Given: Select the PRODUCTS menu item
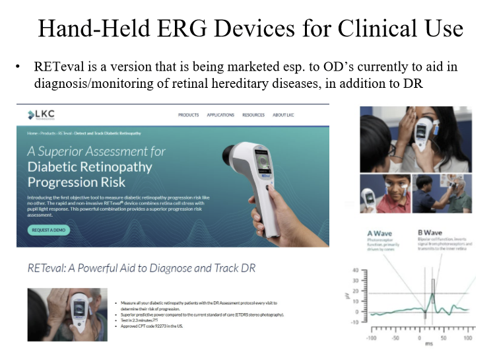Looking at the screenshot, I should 188,115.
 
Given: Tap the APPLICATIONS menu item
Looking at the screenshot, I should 220,115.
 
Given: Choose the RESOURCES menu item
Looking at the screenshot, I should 253,115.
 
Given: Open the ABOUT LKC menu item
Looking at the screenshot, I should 284,115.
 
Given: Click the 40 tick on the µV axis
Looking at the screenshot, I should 355,271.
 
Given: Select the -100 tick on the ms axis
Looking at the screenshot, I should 372,338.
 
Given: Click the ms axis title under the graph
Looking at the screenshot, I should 419,347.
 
